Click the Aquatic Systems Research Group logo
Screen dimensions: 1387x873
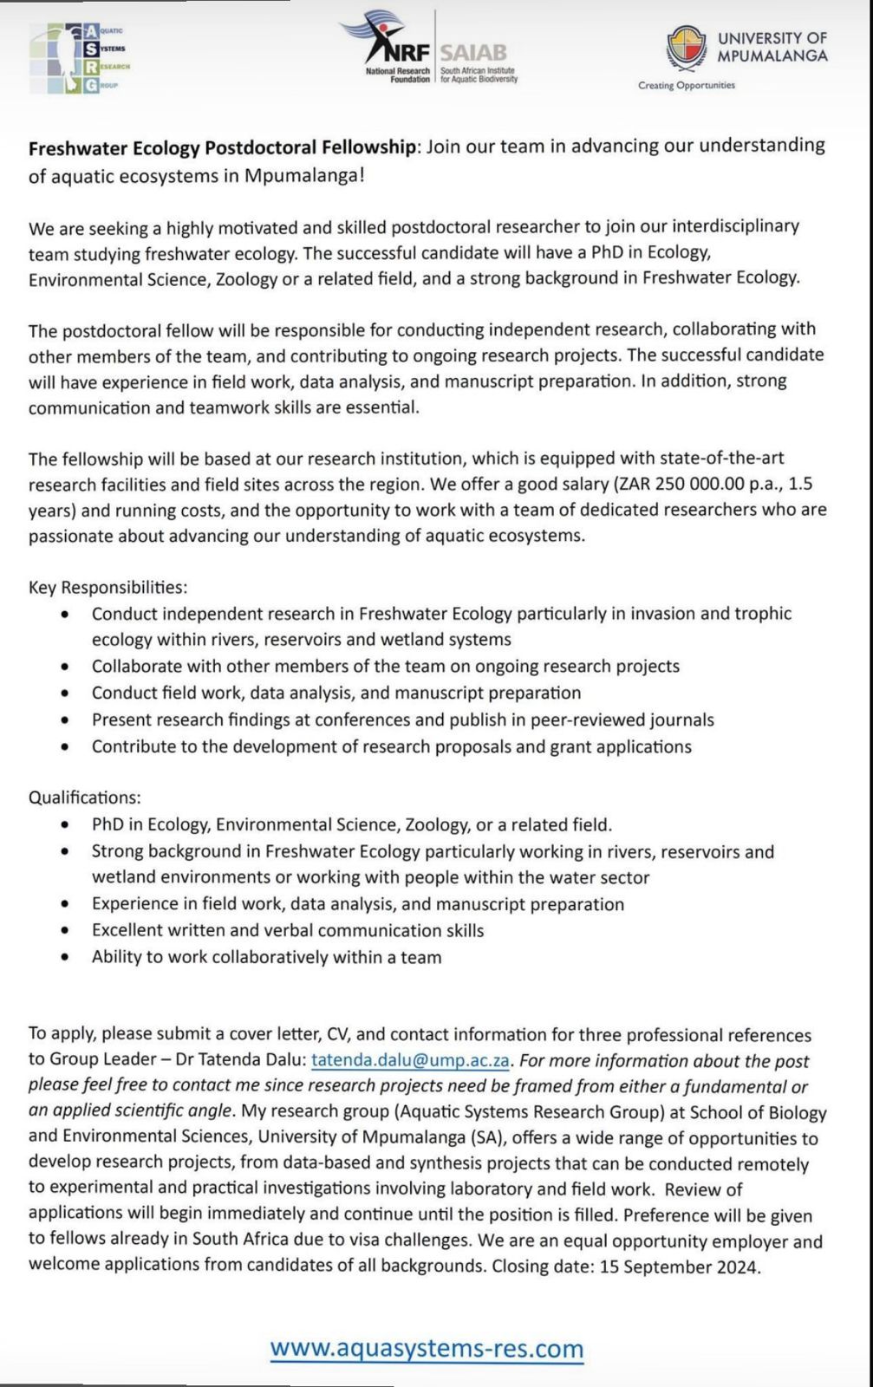[x=79, y=58]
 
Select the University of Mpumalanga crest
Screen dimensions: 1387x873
[x=686, y=47]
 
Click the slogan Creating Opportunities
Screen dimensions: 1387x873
[x=686, y=85]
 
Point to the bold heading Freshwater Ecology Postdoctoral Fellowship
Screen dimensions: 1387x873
[x=222, y=147]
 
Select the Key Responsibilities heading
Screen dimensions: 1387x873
[x=107, y=587]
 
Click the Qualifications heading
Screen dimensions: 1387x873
[x=84, y=797]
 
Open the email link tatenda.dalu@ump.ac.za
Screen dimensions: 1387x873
[x=410, y=1060]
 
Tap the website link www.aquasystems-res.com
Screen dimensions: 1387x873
[x=427, y=1349]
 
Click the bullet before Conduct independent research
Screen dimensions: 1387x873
[x=65, y=614]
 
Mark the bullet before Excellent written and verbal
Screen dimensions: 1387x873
[x=65, y=930]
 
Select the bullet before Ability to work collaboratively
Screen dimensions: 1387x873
[x=65, y=957]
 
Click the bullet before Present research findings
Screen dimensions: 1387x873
[x=65, y=720]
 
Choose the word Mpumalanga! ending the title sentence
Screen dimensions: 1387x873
[x=304, y=175]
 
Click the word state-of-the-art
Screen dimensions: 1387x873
[x=690, y=458]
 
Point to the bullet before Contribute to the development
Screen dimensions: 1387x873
[x=65, y=746]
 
